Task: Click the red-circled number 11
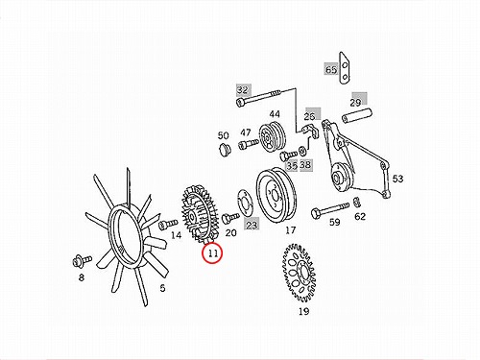[213, 253]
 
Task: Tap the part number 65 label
[331, 69]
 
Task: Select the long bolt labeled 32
[259, 97]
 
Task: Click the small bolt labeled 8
[82, 260]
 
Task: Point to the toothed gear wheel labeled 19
[299, 273]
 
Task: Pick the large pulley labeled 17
[276, 196]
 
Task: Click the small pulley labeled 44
[272, 136]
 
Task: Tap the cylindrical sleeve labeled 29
[357, 116]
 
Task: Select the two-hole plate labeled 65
[344, 68]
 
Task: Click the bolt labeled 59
[330, 209]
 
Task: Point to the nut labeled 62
[356, 203]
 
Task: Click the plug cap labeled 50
[224, 150]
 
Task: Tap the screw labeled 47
[249, 145]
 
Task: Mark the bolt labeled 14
[168, 224]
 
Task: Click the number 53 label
[397, 179]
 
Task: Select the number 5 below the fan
[162, 288]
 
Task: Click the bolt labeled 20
[230, 218]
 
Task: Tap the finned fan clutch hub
[200, 212]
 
